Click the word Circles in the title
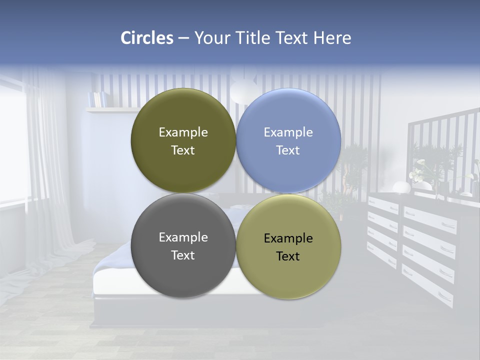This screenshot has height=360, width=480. click(x=147, y=38)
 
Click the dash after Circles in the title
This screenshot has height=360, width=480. click(x=183, y=38)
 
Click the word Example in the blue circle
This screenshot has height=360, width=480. click(x=288, y=132)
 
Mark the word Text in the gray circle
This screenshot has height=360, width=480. click(x=183, y=255)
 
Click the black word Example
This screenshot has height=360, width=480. click(x=288, y=238)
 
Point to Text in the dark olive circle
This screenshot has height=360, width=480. click(x=183, y=150)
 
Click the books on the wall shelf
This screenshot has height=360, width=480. click(x=97, y=99)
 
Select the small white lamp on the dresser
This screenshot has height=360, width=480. click(x=401, y=187)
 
